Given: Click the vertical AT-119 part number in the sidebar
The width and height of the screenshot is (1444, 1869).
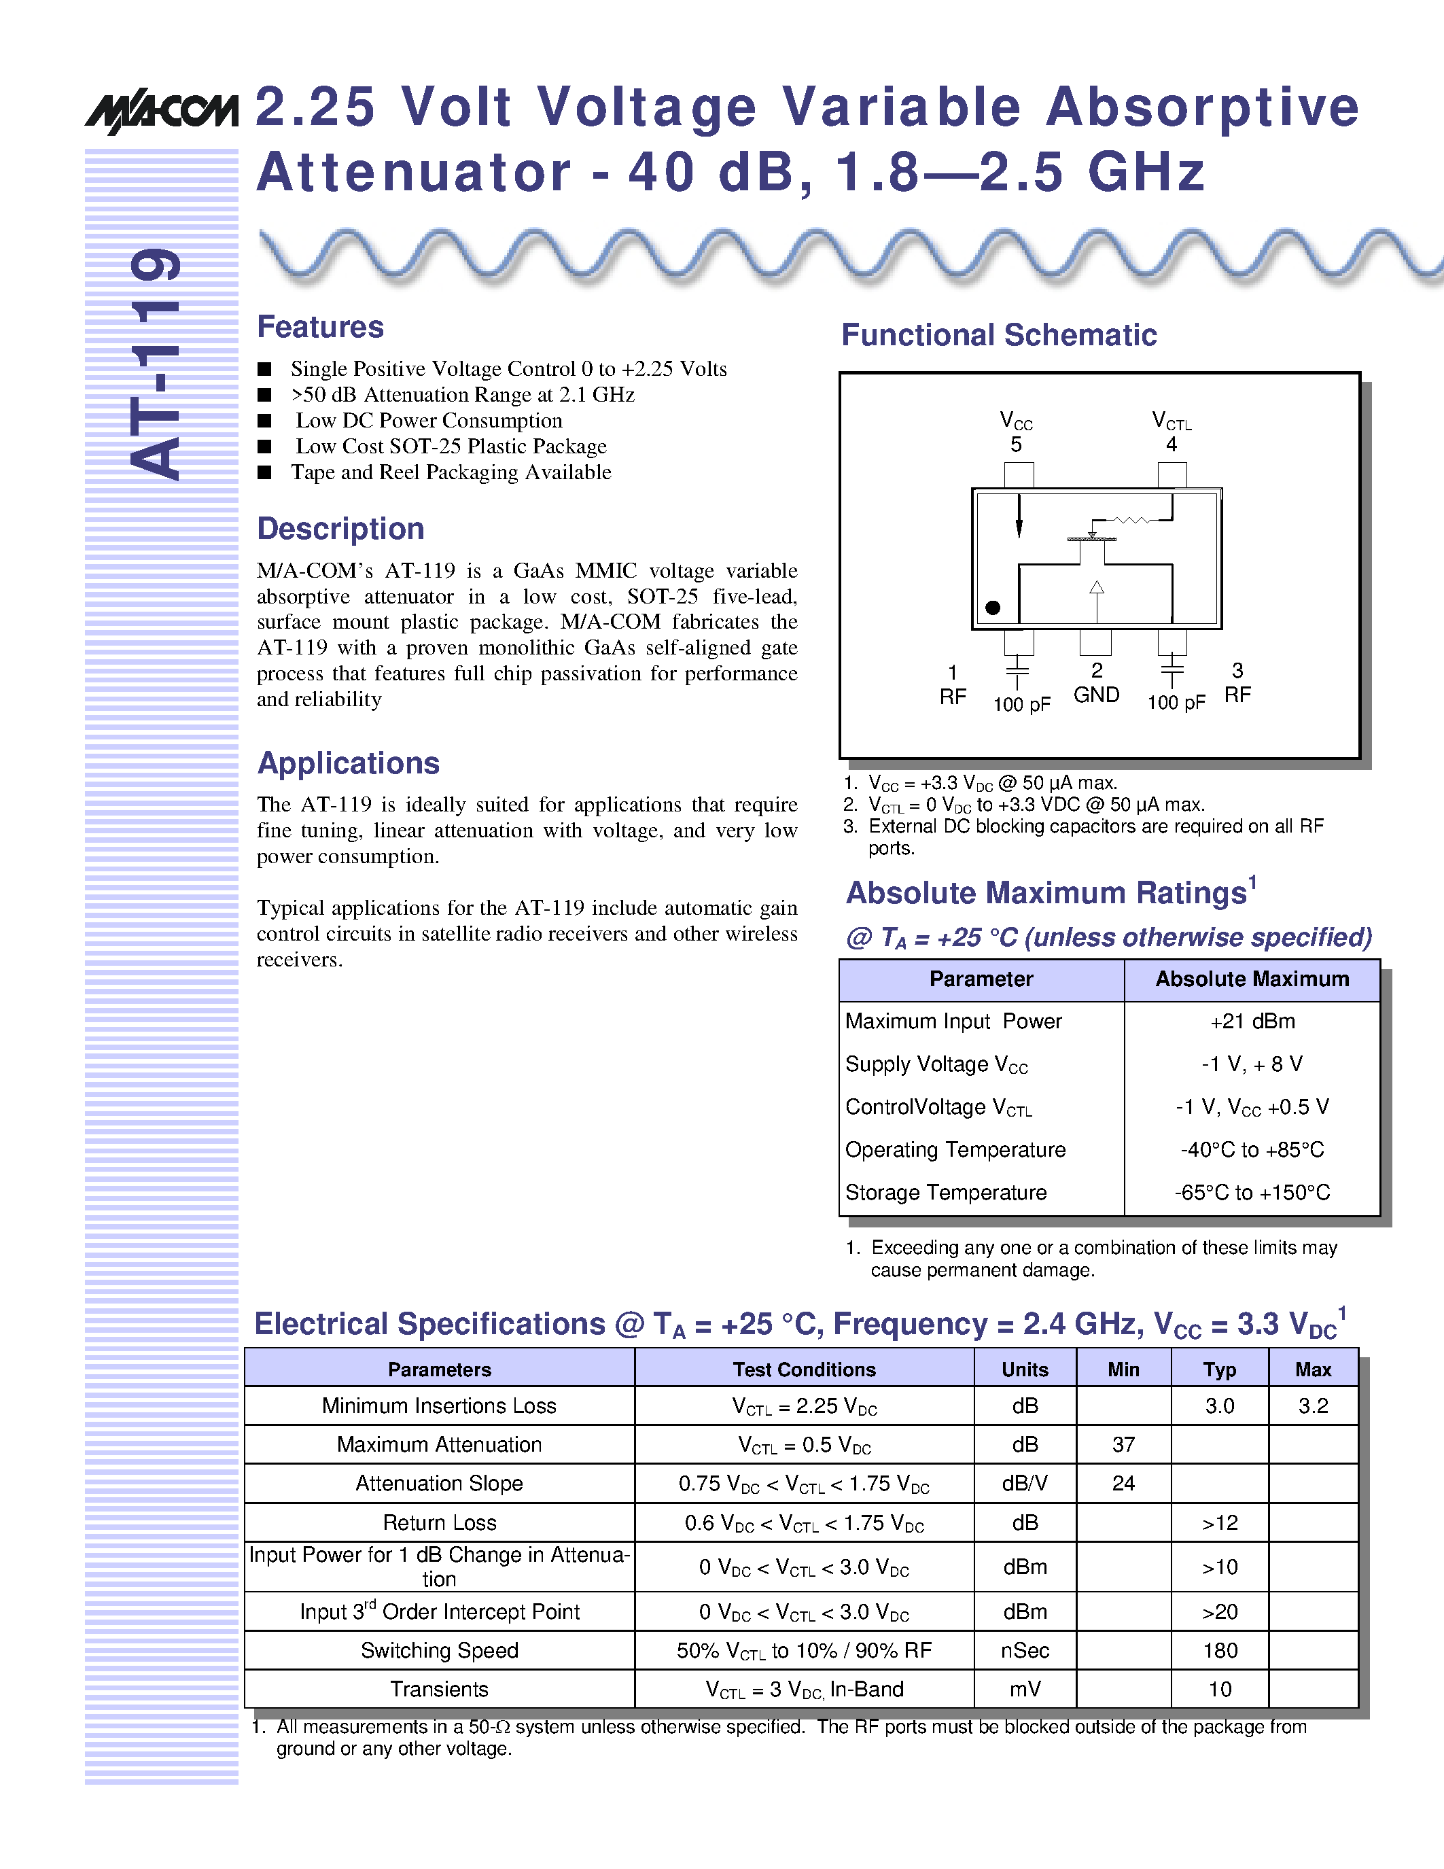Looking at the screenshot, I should (x=156, y=364).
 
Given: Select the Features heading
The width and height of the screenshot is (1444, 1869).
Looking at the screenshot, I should (x=320, y=327).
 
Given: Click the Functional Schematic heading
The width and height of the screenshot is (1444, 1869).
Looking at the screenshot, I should (x=998, y=334).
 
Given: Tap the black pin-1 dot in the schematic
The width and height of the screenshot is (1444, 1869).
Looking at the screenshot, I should (x=992, y=608).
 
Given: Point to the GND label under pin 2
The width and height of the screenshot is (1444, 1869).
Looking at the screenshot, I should (x=1096, y=695).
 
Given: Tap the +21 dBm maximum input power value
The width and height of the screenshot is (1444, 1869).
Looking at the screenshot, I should (x=1252, y=1021).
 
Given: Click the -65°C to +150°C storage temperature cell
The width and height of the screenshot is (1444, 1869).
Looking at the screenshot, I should (x=1252, y=1192).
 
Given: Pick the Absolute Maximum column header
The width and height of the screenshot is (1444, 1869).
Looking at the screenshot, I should (x=1252, y=979).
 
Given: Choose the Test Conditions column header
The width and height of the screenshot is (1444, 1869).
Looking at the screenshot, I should (x=804, y=1369).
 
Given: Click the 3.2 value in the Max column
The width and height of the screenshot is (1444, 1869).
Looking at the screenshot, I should (x=1312, y=1406).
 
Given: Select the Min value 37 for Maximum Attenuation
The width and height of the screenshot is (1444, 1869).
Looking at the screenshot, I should (x=1123, y=1444).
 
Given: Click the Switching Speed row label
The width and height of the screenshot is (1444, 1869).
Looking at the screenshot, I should (x=439, y=1650).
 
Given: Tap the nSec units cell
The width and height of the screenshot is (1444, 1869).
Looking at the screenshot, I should (x=1024, y=1650).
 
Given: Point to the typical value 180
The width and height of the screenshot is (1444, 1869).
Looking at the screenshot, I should (x=1220, y=1650).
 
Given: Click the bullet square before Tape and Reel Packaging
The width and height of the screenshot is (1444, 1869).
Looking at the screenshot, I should (x=264, y=472).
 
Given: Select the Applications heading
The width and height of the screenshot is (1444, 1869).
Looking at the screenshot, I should (x=348, y=763).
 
